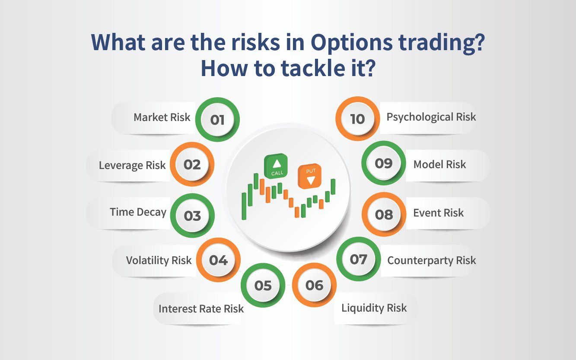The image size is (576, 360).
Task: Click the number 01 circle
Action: point(217,120)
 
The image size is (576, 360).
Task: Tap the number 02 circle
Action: point(192,165)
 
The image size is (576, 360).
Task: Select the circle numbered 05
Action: point(263,286)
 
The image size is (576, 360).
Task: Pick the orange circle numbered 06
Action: point(314,285)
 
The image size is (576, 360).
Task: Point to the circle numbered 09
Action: point(383,163)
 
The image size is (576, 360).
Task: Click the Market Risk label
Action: point(162,118)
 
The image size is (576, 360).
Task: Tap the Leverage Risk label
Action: point(132,166)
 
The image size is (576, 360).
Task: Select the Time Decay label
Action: point(138,212)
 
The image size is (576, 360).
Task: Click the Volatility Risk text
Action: point(159,261)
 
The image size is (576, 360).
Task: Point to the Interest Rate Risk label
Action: point(201,309)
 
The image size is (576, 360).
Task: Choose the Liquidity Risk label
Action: point(374,308)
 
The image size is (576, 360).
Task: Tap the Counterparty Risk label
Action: point(431,261)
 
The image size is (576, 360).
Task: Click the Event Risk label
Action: point(438,213)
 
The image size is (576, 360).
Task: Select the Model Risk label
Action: point(439,165)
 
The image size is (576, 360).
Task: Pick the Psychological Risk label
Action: point(431,117)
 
